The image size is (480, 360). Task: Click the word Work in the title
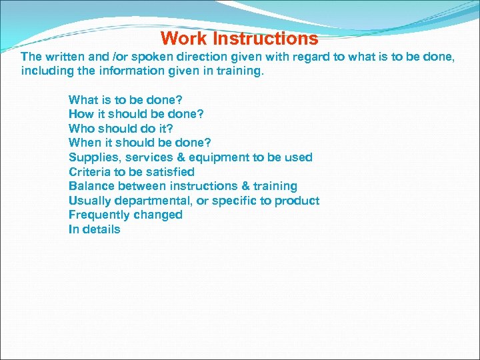(x=184, y=39)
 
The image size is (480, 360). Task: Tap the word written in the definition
(x=64, y=57)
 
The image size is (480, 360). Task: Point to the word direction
(x=189, y=57)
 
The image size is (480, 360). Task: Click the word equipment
(x=220, y=157)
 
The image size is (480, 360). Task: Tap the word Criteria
(x=90, y=172)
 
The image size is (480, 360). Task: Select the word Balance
(x=92, y=186)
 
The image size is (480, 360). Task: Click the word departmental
(x=153, y=201)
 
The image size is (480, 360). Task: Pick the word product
(x=297, y=201)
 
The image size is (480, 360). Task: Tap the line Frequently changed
(x=125, y=215)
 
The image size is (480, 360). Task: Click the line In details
(x=94, y=229)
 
